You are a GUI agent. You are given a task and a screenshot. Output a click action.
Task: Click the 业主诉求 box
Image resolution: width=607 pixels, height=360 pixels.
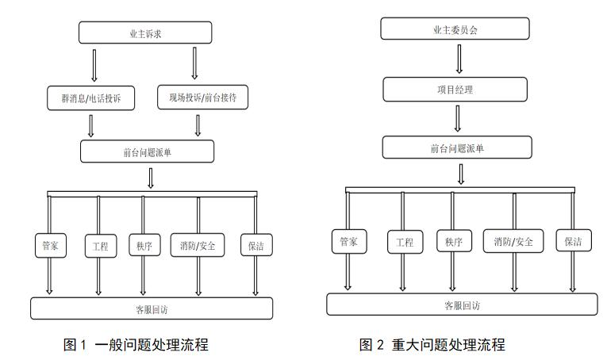click(145, 33)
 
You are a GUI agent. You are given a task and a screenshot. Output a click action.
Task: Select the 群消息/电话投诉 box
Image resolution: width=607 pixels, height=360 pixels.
click(91, 98)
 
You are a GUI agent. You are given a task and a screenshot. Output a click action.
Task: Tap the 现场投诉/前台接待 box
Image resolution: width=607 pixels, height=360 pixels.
click(202, 97)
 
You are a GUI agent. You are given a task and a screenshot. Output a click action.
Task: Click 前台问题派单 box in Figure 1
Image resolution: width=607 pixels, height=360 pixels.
click(147, 151)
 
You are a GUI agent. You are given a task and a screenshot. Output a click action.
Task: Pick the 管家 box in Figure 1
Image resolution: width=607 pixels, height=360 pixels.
click(51, 245)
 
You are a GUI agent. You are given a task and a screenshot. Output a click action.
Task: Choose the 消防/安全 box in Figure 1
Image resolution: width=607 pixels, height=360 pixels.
click(198, 245)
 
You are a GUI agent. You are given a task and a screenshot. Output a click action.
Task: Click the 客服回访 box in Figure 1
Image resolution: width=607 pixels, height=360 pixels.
click(152, 308)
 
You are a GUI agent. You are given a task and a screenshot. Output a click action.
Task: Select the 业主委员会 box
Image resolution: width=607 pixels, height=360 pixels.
click(455, 29)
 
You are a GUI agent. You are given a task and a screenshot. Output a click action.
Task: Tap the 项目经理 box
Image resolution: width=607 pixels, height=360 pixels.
click(455, 90)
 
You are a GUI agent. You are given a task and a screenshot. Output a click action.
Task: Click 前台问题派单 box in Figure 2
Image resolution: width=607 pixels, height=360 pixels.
click(457, 147)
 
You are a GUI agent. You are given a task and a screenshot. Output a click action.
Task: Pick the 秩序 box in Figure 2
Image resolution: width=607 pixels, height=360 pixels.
click(454, 241)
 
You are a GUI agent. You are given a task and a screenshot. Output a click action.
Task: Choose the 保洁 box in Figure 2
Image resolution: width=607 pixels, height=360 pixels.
click(574, 240)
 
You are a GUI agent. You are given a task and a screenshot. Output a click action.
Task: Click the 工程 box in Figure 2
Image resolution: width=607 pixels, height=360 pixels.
click(405, 242)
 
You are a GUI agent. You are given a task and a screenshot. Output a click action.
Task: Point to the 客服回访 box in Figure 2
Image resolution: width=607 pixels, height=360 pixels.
click(462, 304)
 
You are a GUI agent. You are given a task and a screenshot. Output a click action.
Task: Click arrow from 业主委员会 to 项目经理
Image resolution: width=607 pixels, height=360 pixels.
click(459, 59)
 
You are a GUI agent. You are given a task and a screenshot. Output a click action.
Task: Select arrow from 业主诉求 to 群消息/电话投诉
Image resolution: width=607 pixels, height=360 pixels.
click(94, 65)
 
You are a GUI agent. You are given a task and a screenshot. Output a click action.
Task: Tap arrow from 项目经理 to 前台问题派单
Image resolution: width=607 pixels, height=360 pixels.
click(458, 118)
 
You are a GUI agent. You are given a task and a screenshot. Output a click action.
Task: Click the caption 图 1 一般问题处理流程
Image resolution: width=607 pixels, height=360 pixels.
click(136, 344)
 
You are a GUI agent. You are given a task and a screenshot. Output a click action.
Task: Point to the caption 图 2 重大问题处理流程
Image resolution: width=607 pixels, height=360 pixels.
click(432, 344)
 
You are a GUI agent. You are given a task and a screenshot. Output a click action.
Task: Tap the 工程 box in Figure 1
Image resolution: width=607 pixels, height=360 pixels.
click(101, 246)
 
